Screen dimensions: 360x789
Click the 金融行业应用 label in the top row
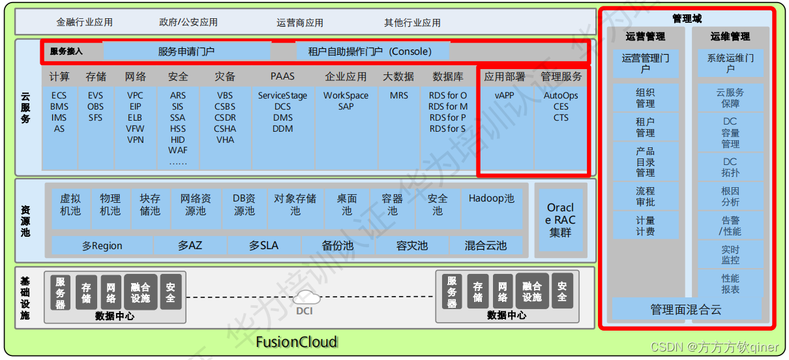[85, 22]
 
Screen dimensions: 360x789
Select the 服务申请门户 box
[186, 51]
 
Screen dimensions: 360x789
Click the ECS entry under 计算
[59, 95]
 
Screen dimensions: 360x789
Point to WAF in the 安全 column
[177, 151]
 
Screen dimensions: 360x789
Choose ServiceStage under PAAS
[282, 95]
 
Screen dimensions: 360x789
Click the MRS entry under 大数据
[398, 95]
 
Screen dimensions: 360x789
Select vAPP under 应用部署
[504, 95]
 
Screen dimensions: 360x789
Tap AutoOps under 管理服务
[561, 95]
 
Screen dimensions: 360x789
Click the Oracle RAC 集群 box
[560, 220]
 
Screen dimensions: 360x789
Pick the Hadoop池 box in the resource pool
[491, 199]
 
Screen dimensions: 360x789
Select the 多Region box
[102, 246]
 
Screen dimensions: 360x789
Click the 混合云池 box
[485, 246]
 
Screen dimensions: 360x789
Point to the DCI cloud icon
[306, 299]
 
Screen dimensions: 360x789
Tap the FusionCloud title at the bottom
[296, 342]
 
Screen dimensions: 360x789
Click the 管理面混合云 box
[686, 310]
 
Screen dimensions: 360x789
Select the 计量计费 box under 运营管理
[646, 226]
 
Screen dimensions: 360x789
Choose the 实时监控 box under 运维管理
[730, 254]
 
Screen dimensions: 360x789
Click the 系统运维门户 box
[730, 63]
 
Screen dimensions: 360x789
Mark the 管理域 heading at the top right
[687, 18]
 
